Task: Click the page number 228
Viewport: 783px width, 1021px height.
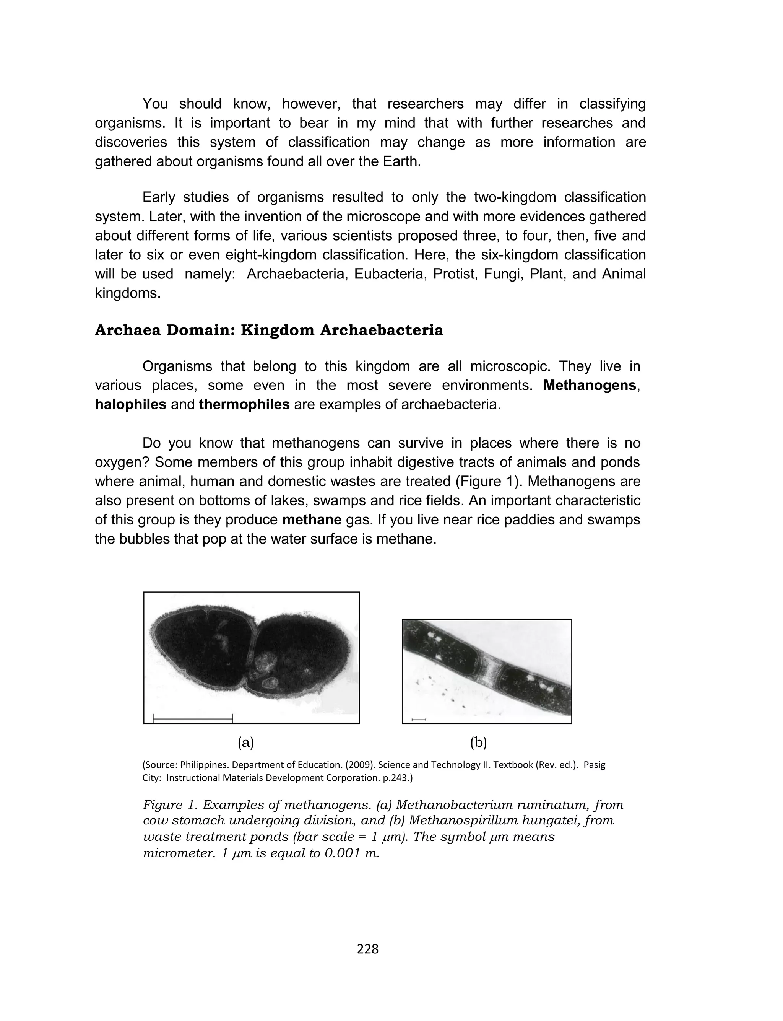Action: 368,948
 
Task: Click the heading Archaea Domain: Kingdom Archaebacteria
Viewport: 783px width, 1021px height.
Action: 269,330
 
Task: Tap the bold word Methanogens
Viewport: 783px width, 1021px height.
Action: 590,385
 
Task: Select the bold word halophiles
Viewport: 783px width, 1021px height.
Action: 130,404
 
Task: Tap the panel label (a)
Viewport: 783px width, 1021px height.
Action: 245,743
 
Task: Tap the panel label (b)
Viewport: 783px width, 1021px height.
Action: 478,743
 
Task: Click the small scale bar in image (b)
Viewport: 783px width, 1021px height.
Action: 419,720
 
